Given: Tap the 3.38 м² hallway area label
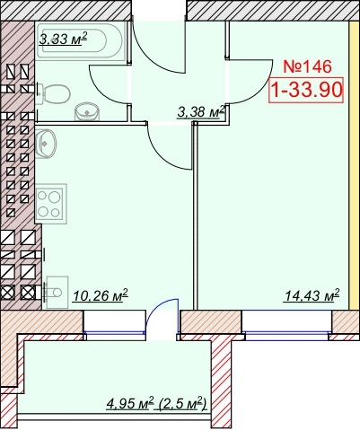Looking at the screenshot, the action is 201,111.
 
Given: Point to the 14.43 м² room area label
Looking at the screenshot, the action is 312,295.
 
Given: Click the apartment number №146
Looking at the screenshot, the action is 307,66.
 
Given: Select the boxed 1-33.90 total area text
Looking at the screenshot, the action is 306,90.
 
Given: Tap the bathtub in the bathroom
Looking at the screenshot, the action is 80,40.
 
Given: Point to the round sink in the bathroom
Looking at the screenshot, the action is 87,112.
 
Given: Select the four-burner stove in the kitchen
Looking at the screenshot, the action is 50,204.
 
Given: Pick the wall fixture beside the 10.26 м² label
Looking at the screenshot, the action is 56,292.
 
